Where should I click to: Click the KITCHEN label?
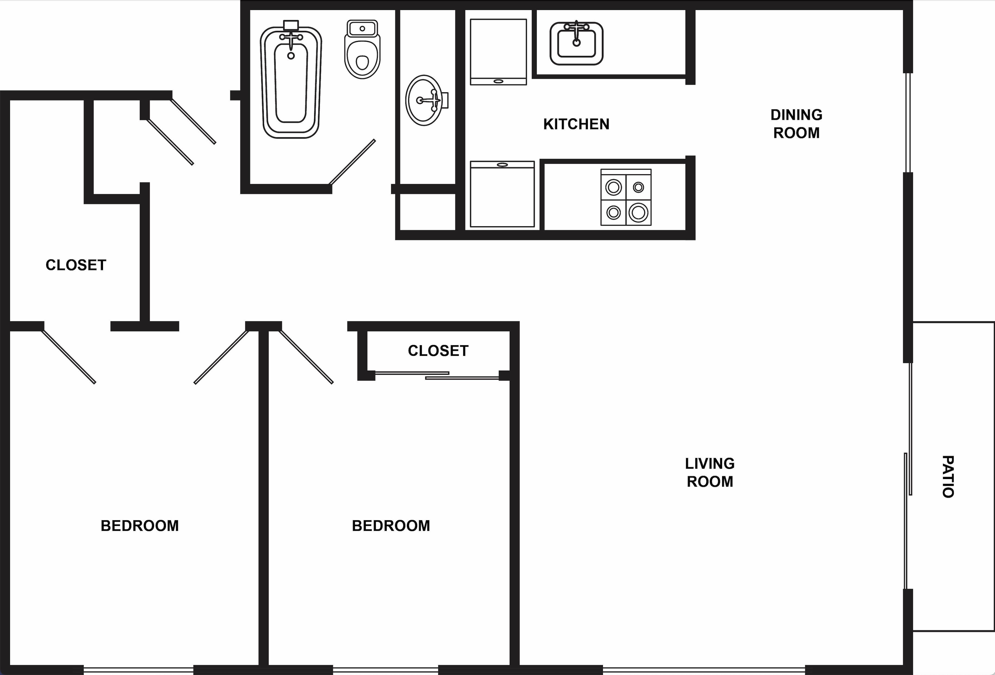[576, 124]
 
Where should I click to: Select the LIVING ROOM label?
[710, 473]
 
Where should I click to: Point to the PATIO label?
[948, 476]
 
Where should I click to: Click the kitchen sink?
[576, 43]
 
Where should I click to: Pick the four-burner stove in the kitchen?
[626, 197]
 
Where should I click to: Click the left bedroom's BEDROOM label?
[139, 526]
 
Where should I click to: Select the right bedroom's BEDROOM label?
[391, 526]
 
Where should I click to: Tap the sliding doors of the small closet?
[437, 375]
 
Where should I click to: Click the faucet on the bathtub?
[291, 39]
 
